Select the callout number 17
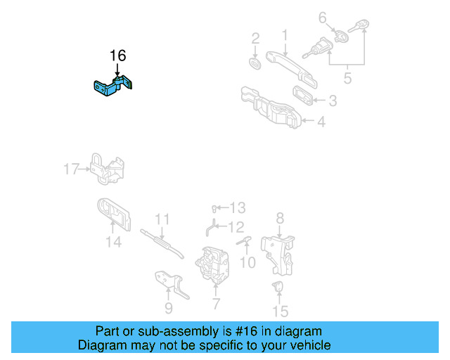[x=71, y=169]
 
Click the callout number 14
[x=113, y=243]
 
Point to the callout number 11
[x=162, y=219]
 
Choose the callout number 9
[x=169, y=307]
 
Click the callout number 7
[x=216, y=304]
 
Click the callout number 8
[x=279, y=218]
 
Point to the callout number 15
[x=280, y=311]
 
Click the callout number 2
[x=256, y=37]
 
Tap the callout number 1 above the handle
[x=285, y=34]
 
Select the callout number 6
[x=323, y=17]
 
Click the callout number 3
[x=332, y=101]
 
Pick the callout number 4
[x=321, y=122]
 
